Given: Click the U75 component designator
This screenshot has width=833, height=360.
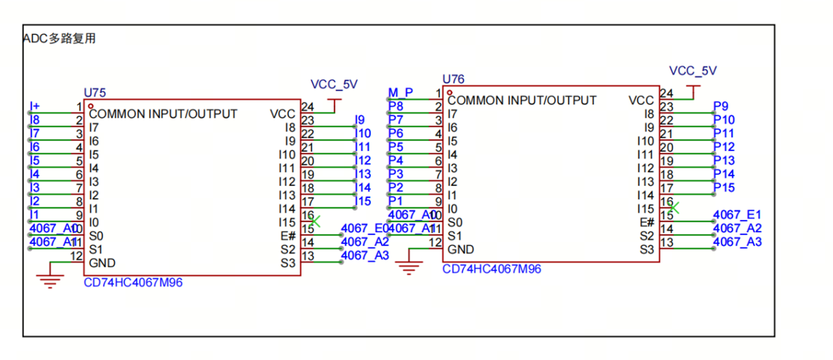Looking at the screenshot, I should (x=94, y=93).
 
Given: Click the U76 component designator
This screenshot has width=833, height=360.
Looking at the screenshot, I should (x=453, y=79).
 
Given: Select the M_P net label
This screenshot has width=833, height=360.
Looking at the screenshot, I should (x=400, y=93).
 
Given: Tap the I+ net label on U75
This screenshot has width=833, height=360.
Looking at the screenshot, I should (x=35, y=106).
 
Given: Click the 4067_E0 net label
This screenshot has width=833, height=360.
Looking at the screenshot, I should (x=364, y=228).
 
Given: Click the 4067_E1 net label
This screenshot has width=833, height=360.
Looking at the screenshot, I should (x=737, y=215).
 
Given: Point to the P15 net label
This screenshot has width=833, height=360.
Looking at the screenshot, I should (x=724, y=187).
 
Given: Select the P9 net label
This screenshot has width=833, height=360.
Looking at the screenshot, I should (x=721, y=106).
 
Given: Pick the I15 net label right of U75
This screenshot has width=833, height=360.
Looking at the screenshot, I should (x=363, y=201).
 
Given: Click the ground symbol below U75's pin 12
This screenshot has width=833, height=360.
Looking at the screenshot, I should (x=50, y=280).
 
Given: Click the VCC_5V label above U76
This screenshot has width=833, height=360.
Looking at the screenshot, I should (x=693, y=71).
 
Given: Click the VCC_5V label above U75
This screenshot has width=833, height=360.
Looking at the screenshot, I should (x=334, y=84).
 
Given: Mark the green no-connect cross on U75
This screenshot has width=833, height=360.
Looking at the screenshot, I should (x=315, y=221).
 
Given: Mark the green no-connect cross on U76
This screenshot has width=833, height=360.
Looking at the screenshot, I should (x=673, y=208).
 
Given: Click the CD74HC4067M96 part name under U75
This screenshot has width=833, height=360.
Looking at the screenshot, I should (x=133, y=282).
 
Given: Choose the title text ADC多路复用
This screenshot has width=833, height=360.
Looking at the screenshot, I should (x=59, y=38).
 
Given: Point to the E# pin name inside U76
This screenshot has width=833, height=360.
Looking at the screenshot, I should (x=646, y=222).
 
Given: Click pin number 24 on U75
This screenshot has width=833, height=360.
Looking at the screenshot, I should (x=308, y=107).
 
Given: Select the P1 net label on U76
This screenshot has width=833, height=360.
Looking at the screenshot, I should (x=395, y=201).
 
